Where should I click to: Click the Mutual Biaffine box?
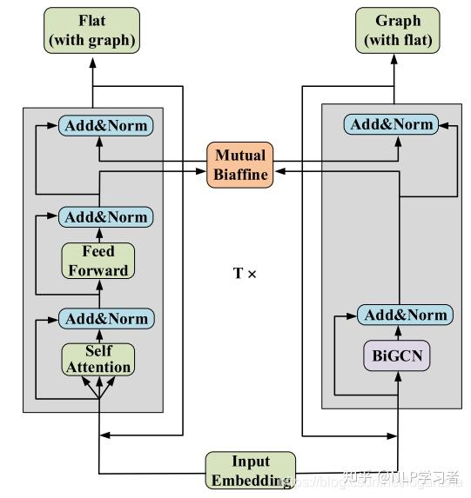(x=239, y=165)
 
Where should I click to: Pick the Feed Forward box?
(x=98, y=261)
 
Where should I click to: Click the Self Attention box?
(x=98, y=359)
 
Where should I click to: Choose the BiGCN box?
(x=398, y=355)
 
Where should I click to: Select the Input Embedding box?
(x=251, y=470)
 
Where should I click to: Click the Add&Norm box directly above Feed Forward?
(x=106, y=216)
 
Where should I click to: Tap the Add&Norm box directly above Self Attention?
(x=106, y=319)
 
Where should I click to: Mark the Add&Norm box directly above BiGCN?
(x=404, y=315)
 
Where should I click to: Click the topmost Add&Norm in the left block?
(x=106, y=125)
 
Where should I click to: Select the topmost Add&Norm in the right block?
(x=391, y=124)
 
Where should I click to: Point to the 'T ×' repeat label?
(x=245, y=274)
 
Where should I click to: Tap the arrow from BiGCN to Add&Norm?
(x=398, y=332)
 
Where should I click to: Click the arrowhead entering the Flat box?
(x=93, y=56)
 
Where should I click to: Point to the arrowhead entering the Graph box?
(x=397, y=56)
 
